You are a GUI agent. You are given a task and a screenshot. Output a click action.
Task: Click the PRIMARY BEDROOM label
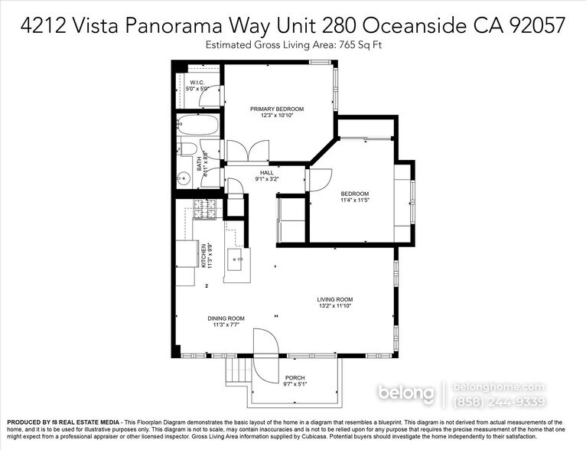click(277, 109)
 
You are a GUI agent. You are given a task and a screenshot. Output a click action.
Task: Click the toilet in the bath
click(187, 150)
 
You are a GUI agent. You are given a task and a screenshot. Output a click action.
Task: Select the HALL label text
click(266, 173)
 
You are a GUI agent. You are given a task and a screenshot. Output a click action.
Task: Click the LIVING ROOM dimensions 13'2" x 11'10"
click(335, 306)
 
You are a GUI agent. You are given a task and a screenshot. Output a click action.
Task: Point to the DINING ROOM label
click(226, 318)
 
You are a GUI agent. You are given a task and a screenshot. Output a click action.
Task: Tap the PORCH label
click(295, 378)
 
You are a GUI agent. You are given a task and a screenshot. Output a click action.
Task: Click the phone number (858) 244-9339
click(500, 402)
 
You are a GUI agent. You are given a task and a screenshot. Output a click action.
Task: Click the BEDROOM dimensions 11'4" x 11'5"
click(354, 201)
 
